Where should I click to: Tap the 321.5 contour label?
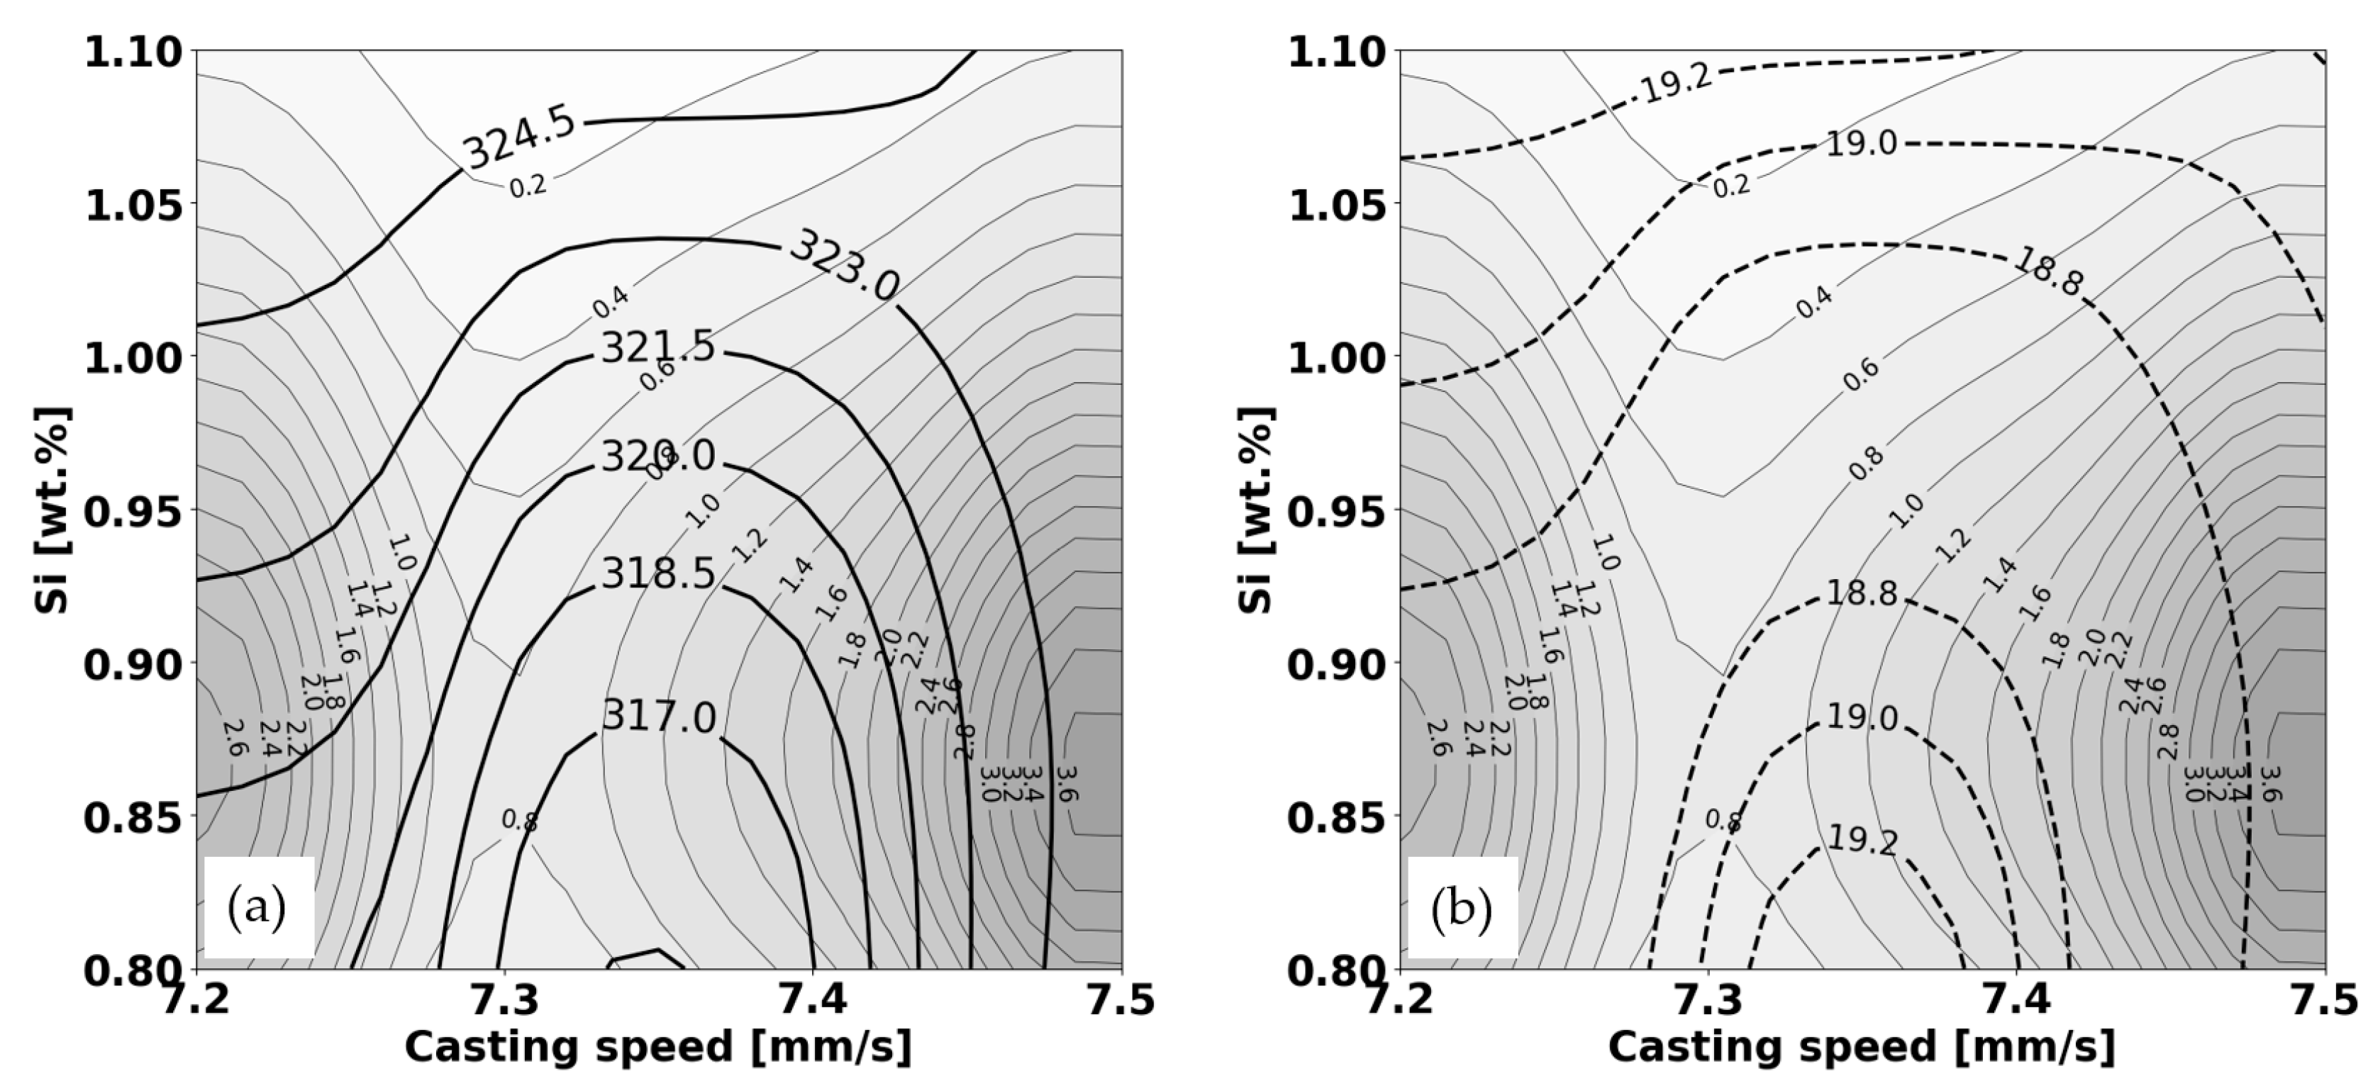point(657,348)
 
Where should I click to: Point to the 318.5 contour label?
point(657,574)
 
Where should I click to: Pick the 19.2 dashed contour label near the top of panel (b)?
point(1676,84)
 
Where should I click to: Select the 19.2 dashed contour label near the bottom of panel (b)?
point(1862,840)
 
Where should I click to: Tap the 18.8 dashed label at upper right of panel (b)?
point(2048,272)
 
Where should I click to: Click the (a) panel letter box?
point(258,908)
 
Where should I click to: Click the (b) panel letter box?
point(1462,908)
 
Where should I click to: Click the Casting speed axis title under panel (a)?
point(658,1048)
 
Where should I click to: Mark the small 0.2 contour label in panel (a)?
point(528,186)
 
